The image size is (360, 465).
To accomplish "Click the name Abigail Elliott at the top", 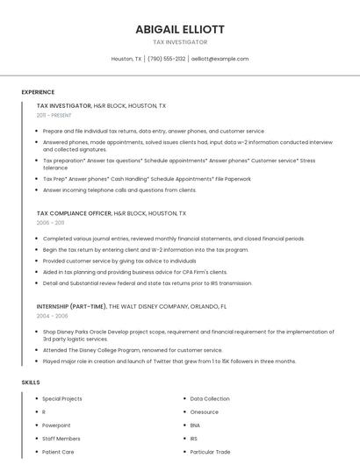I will [180, 29].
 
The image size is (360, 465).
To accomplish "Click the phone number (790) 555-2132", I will [167, 59].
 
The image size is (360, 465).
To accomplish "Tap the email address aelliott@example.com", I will [220, 59].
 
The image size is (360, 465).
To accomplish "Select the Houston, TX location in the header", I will [126, 59].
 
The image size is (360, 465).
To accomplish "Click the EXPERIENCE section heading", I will [38, 92].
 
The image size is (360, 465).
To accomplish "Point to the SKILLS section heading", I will [31, 383].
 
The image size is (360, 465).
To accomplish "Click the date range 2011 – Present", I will [54, 115].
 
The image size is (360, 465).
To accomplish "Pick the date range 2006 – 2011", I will [50, 223].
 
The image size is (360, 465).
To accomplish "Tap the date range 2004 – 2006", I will [52, 316].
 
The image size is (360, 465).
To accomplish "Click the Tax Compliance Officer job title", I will [75, 213].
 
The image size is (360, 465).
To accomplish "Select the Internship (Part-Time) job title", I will [70, 306].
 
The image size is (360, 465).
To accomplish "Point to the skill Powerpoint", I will [56, 425].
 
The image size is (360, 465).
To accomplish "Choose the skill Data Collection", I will [210, 398].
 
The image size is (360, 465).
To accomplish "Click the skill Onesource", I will [205, 411].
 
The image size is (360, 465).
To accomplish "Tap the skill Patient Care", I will [58, 452].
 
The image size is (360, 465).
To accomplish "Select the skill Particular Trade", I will [211, 452].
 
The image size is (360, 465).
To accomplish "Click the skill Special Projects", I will [62, 398].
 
